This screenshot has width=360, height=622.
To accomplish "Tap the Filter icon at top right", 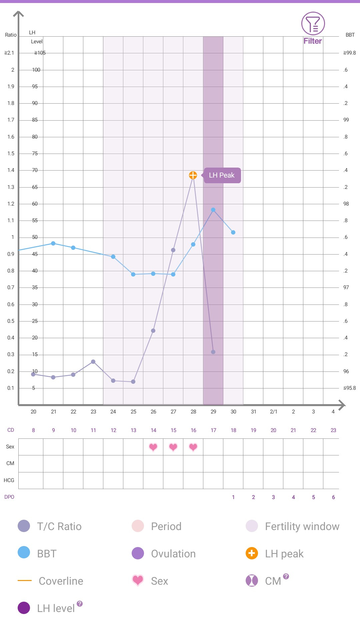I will pyautogui.click(x=313, y=24).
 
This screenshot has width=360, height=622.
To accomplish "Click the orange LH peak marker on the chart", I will pyautogui.click(x=193, y=175).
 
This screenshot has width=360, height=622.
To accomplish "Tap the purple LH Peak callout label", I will pyautogui.click(x=222, y=175).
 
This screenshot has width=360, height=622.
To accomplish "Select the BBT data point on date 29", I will pyautogui.click(x=213, y=210).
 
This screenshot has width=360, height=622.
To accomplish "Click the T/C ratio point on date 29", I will pyautogui.click(x=213, y=352).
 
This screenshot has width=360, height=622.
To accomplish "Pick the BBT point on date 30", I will pyautogui.click(x=233, y=233).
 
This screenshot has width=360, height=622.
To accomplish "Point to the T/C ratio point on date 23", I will pyautogui.click(x=93, y=362).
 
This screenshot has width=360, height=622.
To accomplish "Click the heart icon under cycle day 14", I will pyautogui.click(x=153, y=447).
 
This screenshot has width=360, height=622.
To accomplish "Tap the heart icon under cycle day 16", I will pyautogui.click(x=193, y=447).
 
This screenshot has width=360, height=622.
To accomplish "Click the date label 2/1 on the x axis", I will pyautogui.click(x=274, y=412).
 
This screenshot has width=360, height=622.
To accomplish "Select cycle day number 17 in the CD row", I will pyautogui.click(x=214, y=430).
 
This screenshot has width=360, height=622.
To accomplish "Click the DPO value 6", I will pyautogui.click(x=333, y=497).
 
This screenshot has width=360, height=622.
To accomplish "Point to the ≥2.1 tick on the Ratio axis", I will pyautogui.click(x=9, y=53).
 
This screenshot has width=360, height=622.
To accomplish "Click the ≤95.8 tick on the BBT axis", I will pyautogui.click(x=350, y=388).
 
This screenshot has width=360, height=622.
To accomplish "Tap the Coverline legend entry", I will pyautogui.click(x=61, y=581).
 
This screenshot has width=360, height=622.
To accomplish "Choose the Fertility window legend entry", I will pyautogui.click(x=302, y=526).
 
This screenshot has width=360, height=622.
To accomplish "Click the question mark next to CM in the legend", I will pyautogui.click(x=286, y=576).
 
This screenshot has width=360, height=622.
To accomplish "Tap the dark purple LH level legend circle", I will pyautogui.click(x=24, y=608).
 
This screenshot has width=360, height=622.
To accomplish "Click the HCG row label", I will pyautogui.click(x=9, y=480).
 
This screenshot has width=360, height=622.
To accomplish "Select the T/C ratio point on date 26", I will pyautogui.click(x=153, y=331).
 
